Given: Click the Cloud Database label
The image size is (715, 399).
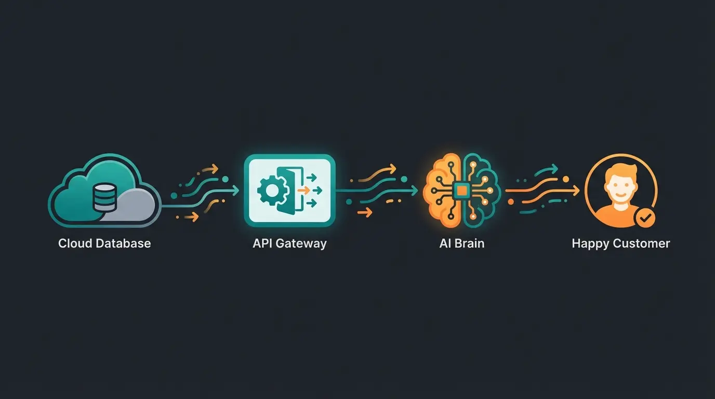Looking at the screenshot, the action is [x=104, y=243].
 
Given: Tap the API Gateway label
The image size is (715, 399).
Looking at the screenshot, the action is [x=289, y=243].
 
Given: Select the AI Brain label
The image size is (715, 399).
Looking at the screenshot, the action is [x=462, y=243].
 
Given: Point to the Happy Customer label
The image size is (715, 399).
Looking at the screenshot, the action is [x=621, y=243].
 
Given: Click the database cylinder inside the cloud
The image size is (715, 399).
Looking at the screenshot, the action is [x=105, y=196].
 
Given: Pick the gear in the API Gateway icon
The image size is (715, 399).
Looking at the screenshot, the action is [x=270, y=191].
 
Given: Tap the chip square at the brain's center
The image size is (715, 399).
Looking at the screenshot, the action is [x=461, y=191].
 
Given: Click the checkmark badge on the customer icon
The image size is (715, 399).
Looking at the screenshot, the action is [x=645, y=219].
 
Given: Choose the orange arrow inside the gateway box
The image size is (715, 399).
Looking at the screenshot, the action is [x=303, y=191].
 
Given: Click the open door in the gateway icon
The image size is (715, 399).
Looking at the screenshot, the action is [x=287, y=191].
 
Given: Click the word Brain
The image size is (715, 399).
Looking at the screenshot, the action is [x=469, y=243].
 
